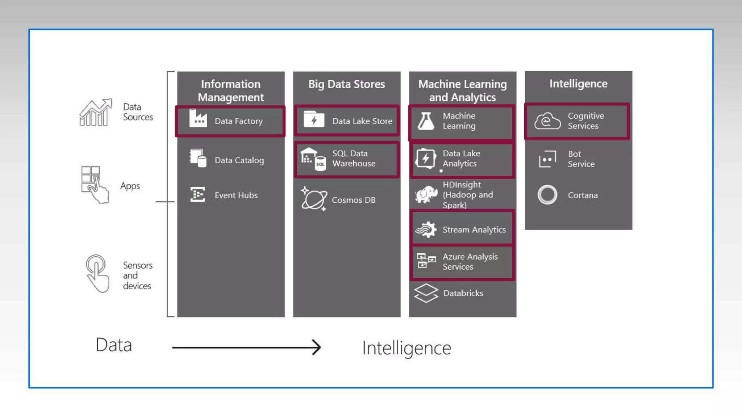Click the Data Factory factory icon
tap(198, 118)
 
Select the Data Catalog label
tap(239, 160)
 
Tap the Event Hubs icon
tap(197, 194)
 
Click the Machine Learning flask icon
tap(426, 121)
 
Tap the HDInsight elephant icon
tap(426, 194)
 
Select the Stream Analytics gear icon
tap(426, 229)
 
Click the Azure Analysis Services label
tap(470, 262)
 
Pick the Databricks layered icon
tap(426, 293)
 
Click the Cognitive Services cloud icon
tap(547, 121)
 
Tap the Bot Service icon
tap(547, 159)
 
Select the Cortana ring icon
tap(547, 195)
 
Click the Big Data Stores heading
tap(346, 84)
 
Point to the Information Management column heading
tap(231, 90)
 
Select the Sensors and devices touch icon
tap(97, 273)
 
